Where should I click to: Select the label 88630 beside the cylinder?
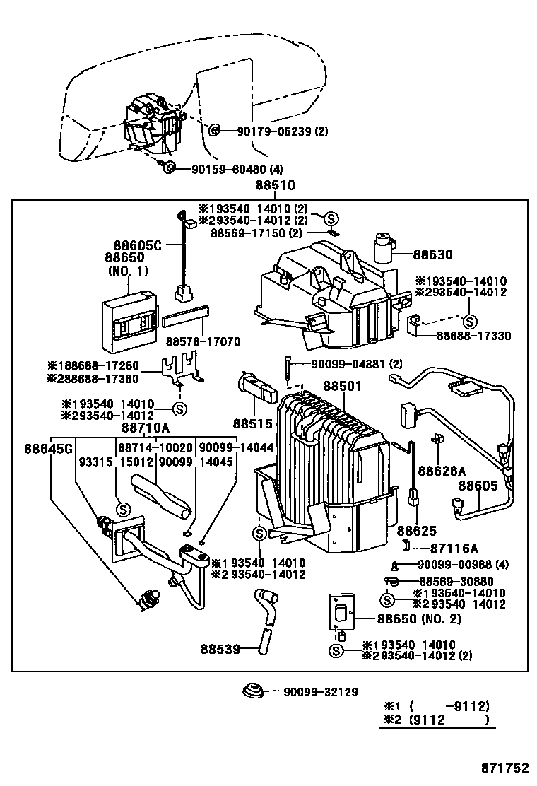433,255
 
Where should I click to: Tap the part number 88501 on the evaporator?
343,387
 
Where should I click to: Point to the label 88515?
252,423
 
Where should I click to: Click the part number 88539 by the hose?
220,648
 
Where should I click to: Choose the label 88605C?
134,245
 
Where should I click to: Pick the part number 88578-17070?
203,342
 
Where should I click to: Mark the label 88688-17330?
473,336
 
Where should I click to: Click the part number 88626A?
442,471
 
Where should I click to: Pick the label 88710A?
146,428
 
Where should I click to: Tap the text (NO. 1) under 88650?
128,271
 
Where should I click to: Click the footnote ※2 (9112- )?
437,721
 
